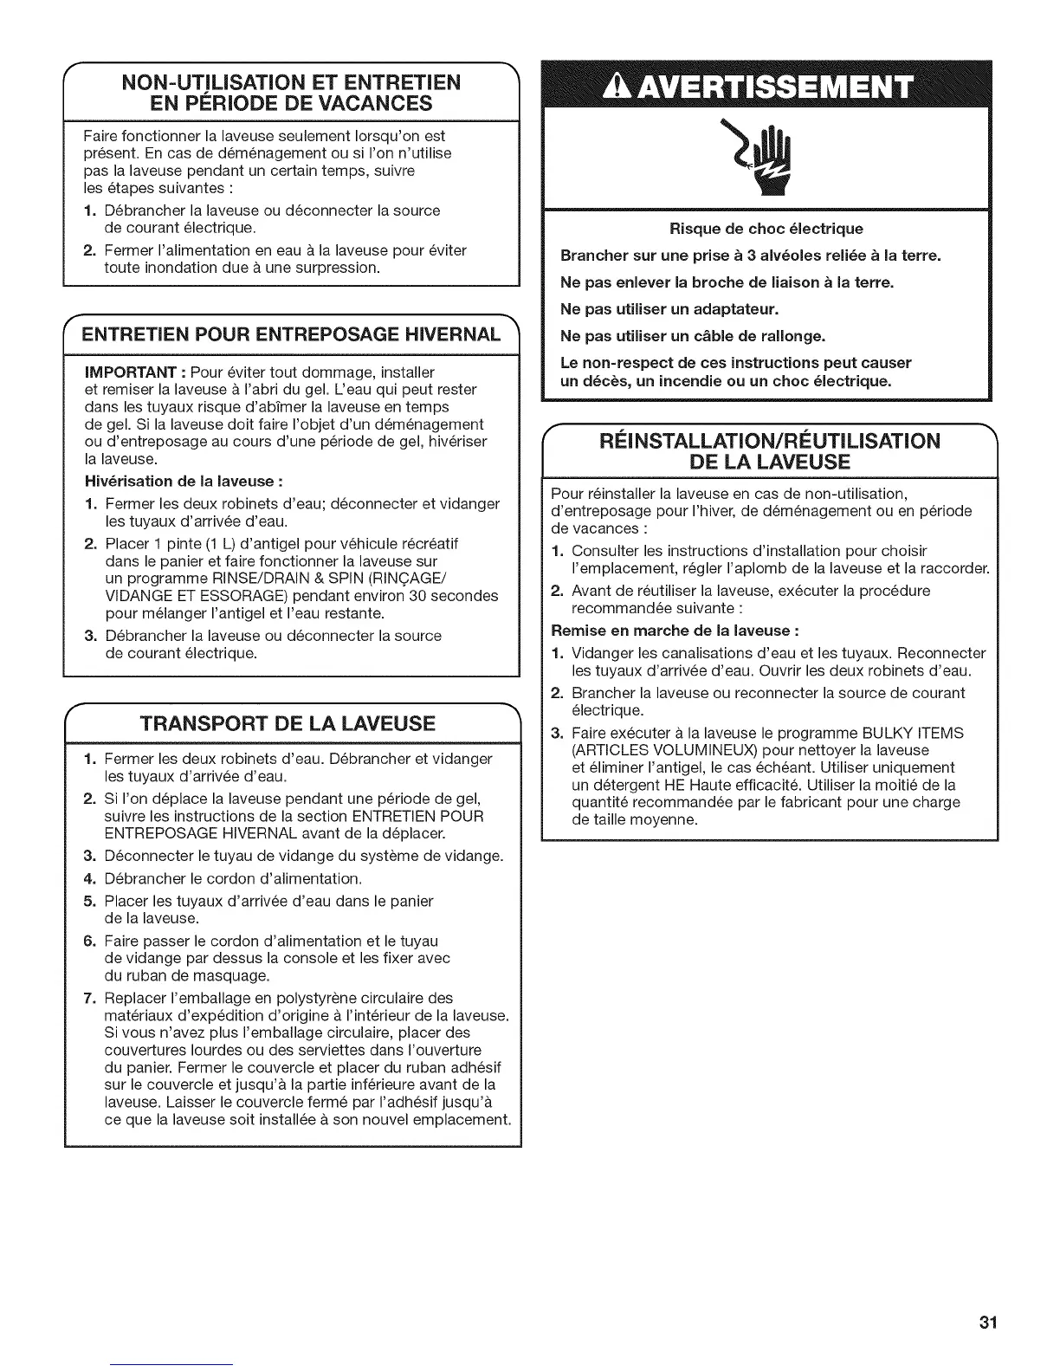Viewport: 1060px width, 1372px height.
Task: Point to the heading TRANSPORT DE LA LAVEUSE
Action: [x=290, y=723]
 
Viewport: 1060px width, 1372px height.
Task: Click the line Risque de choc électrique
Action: [x=766, y=229]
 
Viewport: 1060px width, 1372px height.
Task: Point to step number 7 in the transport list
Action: [x=89, y=998]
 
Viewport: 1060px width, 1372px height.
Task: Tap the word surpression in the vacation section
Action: [x=334, y=268]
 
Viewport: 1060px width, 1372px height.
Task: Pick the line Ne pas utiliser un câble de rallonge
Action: [x=693, y=335]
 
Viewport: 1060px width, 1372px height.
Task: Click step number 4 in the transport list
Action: [x=89, y=878]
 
